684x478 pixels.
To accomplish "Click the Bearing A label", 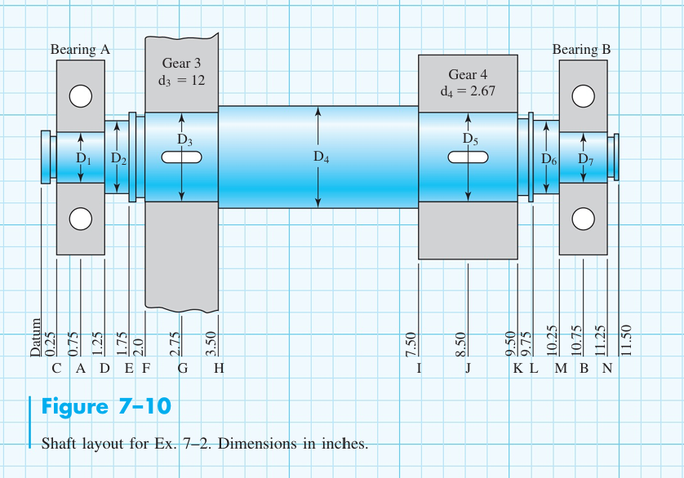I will pos(80,50).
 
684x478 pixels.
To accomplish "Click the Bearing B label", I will pos(581,50).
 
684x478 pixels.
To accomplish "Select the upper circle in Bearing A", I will pos(80,96).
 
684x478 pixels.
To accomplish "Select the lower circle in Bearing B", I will pos(582,219).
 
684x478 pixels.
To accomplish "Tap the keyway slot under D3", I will pos(181,158).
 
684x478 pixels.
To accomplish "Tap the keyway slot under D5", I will pos(468,158).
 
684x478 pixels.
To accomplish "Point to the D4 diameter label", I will pos(322,157).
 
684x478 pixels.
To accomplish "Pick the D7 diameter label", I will pos(586,159).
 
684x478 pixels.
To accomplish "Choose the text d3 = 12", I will pos(181,80).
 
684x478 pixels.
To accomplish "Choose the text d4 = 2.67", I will pos(468,91).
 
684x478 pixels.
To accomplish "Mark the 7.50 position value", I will pos(412,343).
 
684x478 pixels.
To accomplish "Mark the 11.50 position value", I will pos(626,341).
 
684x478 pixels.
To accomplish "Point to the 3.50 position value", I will pos(211,343).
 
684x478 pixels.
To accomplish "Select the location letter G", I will pos(183,369).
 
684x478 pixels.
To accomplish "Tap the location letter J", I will pos(468,369).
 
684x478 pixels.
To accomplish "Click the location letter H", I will pos(218,369).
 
